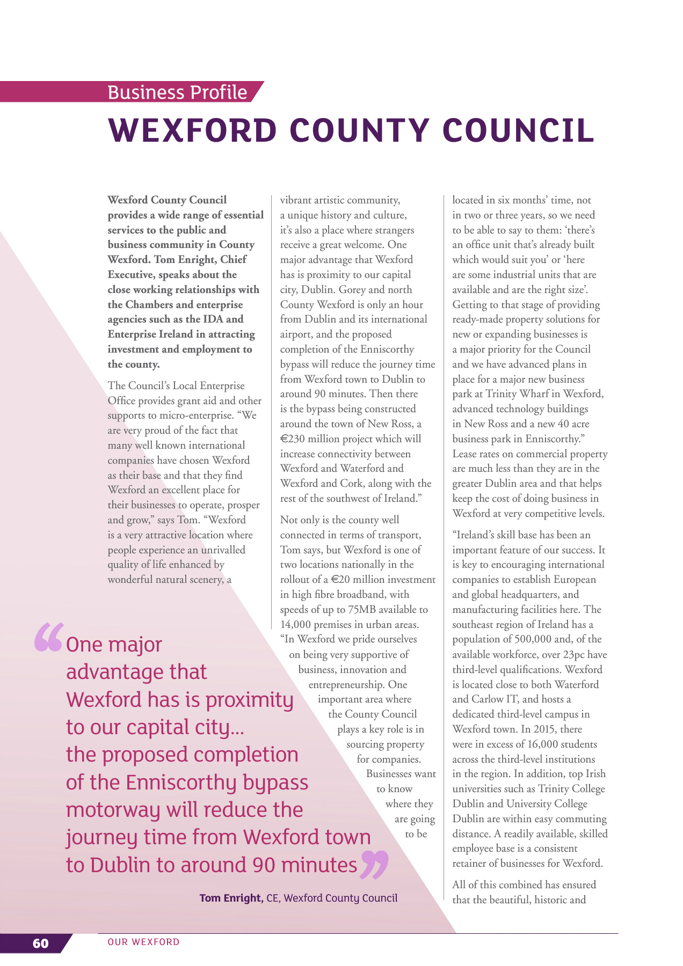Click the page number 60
40,943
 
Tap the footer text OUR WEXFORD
143,942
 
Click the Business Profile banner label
177,92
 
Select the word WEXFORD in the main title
192,130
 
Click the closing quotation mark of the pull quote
374,865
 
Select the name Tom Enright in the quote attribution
231,898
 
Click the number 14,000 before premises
295,625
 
